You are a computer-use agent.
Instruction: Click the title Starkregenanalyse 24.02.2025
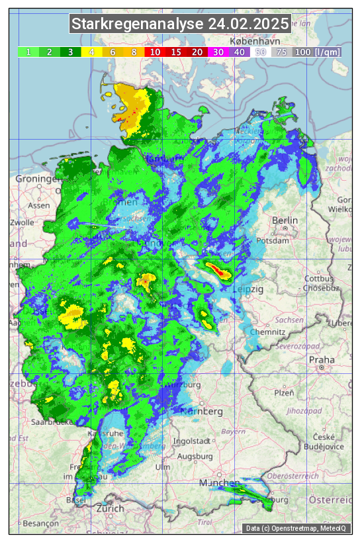180,24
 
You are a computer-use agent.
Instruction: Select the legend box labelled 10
155,52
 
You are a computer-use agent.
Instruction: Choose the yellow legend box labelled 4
92,52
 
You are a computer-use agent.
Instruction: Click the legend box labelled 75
281,52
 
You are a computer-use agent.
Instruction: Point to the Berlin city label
285,220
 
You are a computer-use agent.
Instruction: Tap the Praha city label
322,360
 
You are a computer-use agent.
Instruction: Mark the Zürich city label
110,508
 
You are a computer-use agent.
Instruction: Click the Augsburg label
195,456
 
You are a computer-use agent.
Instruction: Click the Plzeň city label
284,392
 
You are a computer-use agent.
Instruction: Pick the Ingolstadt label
193,441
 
